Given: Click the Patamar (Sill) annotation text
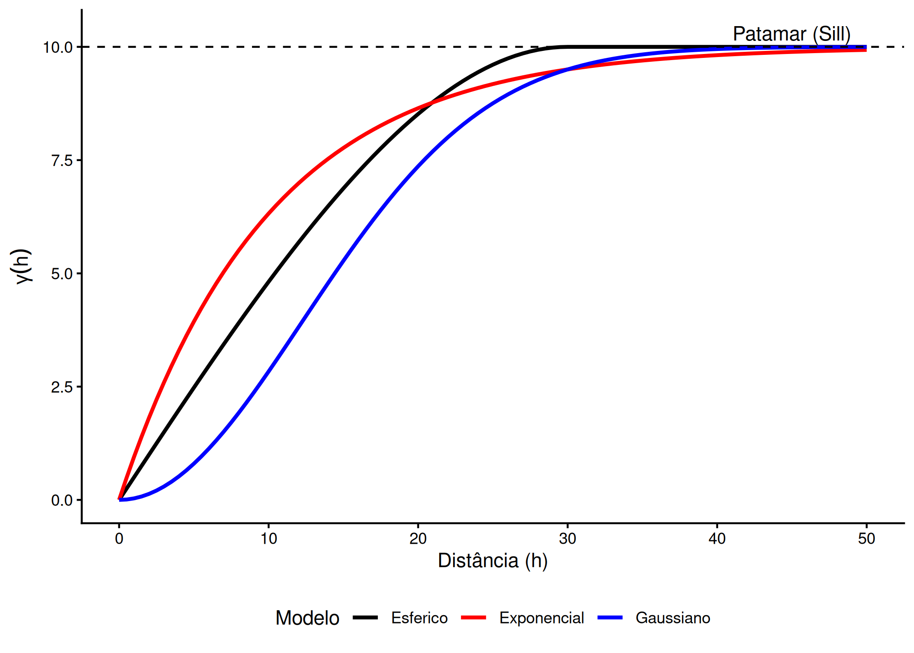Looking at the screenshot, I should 791,34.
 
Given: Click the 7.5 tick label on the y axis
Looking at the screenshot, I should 62,160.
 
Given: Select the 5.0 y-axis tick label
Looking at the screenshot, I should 62,274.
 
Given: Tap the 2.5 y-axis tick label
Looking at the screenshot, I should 62,387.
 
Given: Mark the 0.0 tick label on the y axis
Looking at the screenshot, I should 62,500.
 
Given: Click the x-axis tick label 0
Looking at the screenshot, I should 119,539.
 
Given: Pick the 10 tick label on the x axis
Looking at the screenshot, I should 269,539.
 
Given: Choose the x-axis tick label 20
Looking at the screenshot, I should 418,539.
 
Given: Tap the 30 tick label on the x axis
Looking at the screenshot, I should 568,539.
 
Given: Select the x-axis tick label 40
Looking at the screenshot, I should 717,539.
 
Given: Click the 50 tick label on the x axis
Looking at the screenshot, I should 866,539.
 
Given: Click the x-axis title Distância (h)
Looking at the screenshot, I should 493,561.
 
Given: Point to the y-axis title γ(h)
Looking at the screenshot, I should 22,266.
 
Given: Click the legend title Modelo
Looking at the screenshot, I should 307,618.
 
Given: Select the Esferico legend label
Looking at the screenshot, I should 419,618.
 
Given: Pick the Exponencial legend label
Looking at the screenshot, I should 541,618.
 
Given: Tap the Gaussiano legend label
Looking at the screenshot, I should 673,618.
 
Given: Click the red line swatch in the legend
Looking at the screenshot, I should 474,617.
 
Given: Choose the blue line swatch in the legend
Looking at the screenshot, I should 610,617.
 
